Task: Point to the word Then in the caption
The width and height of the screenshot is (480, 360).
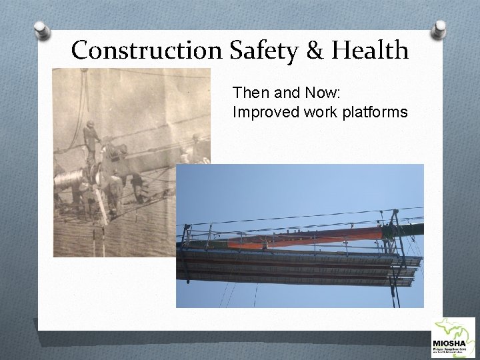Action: pos(247,94)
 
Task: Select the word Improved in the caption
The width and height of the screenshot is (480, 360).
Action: pos(261,112)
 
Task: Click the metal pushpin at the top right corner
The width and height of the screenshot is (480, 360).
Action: pos(440,29)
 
